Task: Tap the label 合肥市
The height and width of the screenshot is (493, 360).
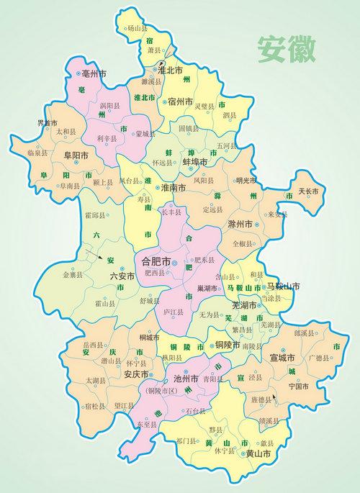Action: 156,260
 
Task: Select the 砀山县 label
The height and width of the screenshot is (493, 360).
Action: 136,29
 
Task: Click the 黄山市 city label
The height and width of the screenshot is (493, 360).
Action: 258,454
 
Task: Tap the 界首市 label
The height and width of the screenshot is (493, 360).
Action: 48,123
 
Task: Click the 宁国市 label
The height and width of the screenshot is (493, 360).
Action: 298,386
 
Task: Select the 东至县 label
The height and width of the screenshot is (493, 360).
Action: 146,425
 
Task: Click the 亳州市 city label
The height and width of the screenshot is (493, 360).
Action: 94,74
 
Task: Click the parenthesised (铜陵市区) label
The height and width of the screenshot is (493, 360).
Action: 163,391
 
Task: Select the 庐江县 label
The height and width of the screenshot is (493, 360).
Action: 174,312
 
